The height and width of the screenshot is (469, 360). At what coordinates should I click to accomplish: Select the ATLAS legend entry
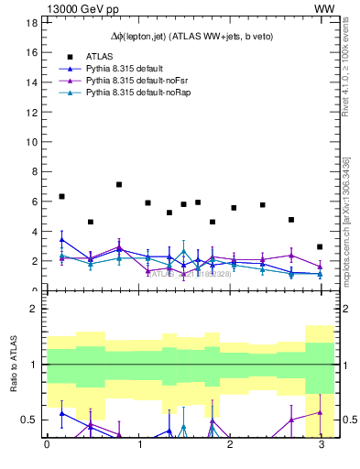(98, 56)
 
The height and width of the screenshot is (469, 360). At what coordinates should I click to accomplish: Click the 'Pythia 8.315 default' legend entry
(124, 68)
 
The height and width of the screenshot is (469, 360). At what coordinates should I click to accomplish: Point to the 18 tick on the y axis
(30, 23)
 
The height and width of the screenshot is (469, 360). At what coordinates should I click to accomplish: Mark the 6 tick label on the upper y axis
(33, 202)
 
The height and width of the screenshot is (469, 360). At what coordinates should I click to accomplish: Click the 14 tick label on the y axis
(30, 82)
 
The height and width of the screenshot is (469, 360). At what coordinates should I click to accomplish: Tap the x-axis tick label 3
(320, 446)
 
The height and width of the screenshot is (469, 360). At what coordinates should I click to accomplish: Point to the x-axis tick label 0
(47, 446)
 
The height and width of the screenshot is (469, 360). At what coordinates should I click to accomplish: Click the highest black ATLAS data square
(119, 184)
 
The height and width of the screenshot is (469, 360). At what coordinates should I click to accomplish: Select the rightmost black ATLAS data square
(320, 246)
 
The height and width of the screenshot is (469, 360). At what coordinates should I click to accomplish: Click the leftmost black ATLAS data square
(61, 196)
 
